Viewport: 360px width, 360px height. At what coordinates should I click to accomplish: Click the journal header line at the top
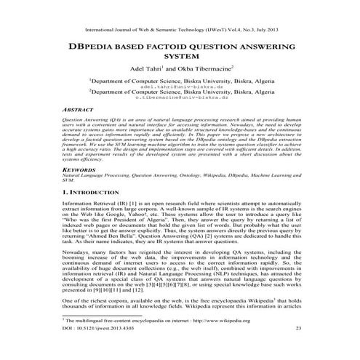(x=180, y=31)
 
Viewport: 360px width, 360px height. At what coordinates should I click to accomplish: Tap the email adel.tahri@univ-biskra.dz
(x=180, y=86)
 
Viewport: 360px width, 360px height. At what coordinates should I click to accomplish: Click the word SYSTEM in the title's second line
(x=180, y=55)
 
